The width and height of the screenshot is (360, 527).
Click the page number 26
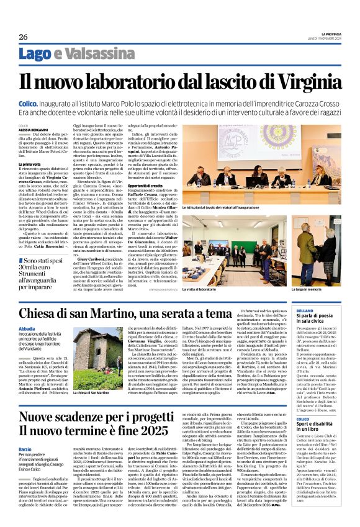click(x=23, y=37)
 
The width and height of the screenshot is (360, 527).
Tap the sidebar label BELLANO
click(x=306, y=309)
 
